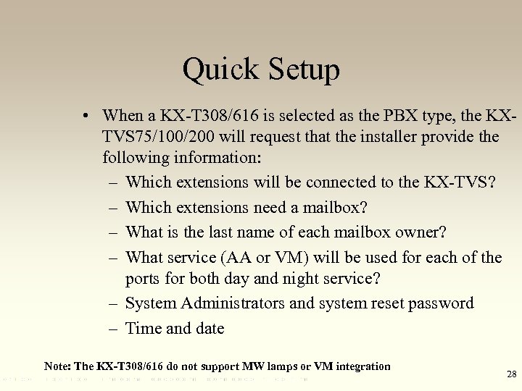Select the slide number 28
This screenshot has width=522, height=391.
(512, 374)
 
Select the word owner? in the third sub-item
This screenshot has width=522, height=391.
(420, 232)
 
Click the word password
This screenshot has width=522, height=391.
(441, 303)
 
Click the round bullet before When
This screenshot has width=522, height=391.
(86, 116)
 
